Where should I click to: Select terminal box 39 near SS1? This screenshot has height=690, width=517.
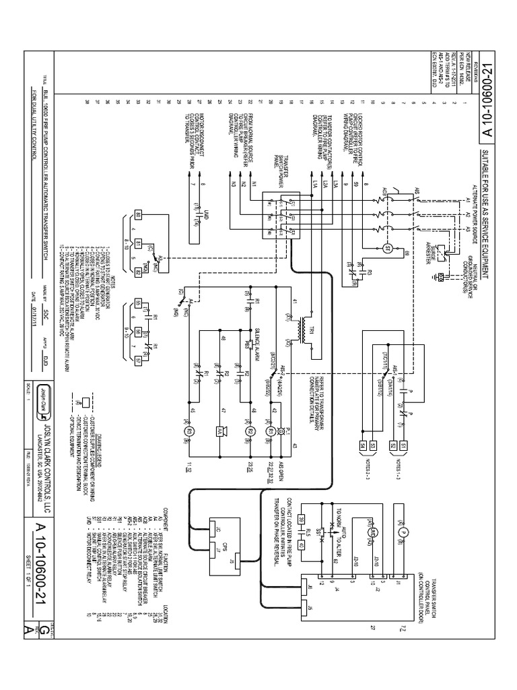pos(302,519)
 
